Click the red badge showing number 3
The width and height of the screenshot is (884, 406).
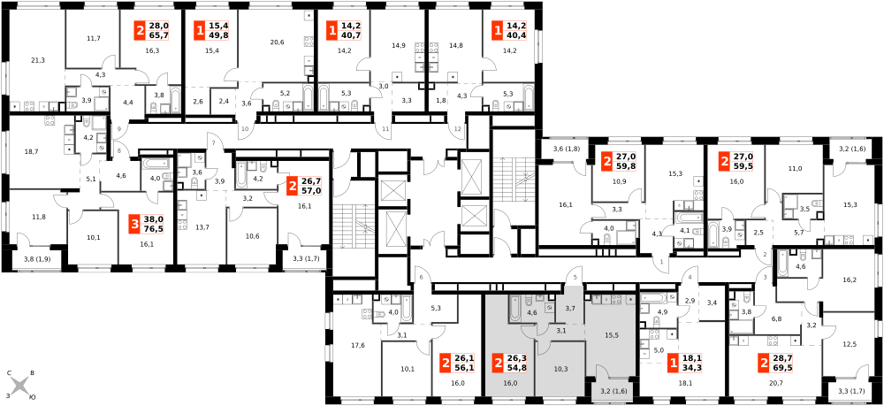134,224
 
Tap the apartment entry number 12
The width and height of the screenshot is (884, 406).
458,128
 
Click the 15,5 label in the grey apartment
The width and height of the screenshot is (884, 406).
612,335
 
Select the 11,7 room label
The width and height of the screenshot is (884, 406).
94,38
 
